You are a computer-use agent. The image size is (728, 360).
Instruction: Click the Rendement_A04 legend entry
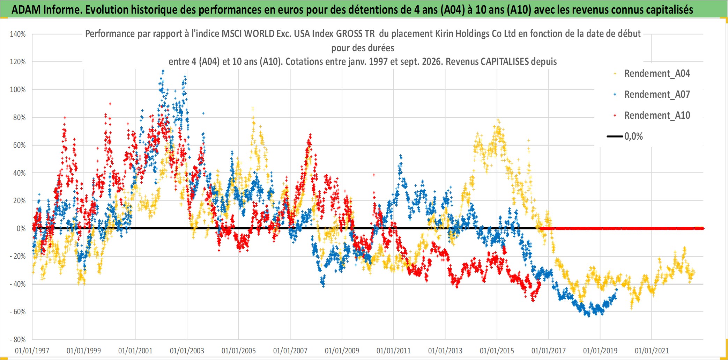tap(652, 73)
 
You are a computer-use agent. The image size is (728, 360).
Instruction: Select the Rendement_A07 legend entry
tap(652, 94)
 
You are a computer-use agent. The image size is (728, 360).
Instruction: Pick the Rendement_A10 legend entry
tap(652, 115)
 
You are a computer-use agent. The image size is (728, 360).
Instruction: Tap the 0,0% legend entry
tap(625, 136)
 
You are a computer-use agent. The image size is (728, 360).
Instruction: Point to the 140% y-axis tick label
tap(18, 34)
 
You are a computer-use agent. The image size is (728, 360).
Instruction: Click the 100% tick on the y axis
tap(18, 89)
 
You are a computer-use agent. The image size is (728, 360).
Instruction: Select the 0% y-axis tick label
tap(21, 228)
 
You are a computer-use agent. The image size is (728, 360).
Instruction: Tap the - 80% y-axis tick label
tap(18, 339)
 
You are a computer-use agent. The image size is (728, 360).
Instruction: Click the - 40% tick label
tap(18, 284)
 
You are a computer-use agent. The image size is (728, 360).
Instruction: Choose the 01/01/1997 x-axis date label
tap(32, 351)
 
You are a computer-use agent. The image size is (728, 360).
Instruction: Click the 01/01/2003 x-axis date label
tap(187, 351)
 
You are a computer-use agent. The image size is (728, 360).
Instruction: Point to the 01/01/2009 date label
tap(342, 351)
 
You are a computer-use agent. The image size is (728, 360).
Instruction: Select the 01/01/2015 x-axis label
tap(497, 351)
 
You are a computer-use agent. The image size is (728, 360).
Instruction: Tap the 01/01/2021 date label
tap(652, 351)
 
